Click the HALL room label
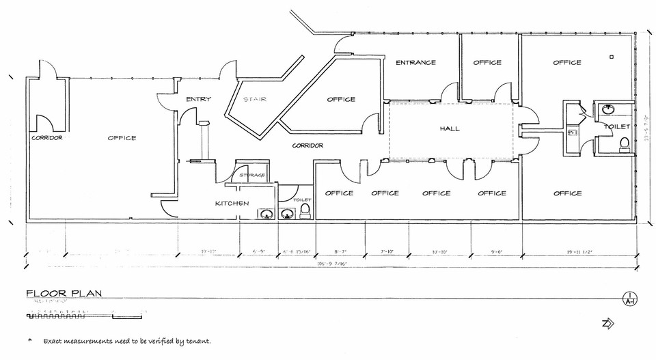[x=450, y=128]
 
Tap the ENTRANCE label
[x=415, y=62]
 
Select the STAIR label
[x=254, y=100]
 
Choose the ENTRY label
[x=198, y=100]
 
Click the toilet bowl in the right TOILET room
[x=623, y=144]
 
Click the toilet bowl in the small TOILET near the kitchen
[x=305, y=212]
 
